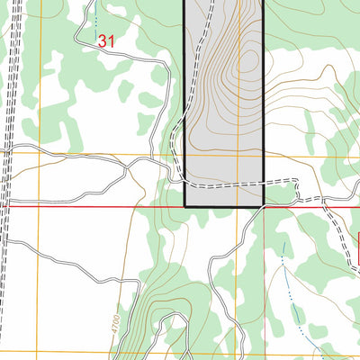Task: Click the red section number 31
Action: click(x=107, y=40)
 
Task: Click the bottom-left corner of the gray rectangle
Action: click(x=185, y=206)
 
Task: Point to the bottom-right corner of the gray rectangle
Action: click(x=263, y=206)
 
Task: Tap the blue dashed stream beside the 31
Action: click(x=95, y=18)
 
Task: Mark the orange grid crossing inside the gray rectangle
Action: click(x=238, y=154)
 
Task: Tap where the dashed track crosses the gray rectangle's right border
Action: click(x=263, y=184)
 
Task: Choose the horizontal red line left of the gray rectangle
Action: click(x=90, y=206)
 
